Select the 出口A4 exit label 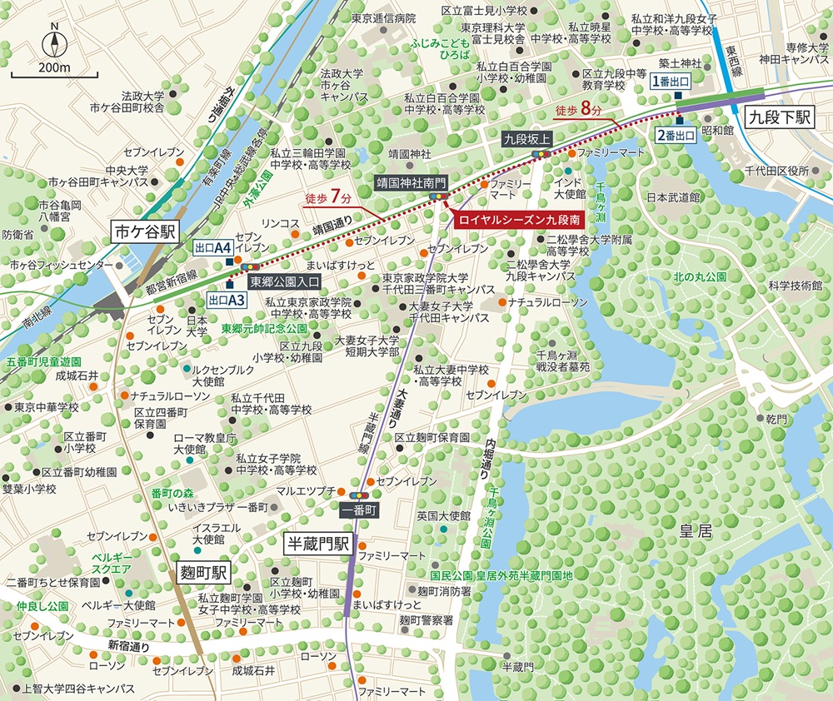point(212,248)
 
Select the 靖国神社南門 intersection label point(412,179)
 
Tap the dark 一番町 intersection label point(359,508)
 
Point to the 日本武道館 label point(673,197)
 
